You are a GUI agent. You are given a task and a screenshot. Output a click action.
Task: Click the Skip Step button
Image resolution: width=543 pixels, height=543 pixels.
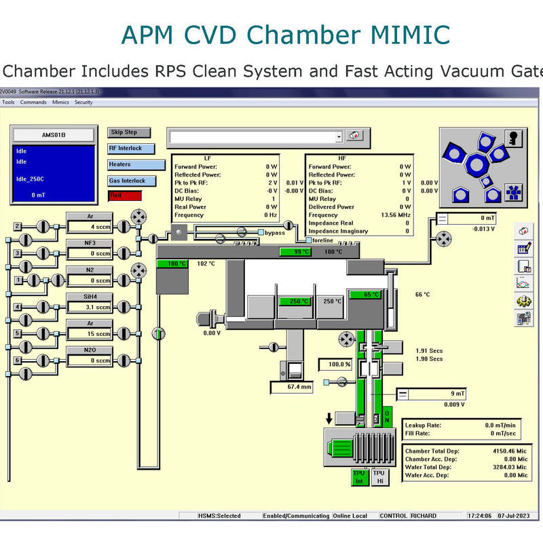pos(129,132)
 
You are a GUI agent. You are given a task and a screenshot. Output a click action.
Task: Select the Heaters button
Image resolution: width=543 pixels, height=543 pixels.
pos(136,165)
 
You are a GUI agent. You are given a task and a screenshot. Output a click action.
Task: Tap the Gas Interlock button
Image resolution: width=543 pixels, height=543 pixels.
pos(132,181)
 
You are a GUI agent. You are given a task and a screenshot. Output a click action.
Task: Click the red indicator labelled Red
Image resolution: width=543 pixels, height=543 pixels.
pos(125,195)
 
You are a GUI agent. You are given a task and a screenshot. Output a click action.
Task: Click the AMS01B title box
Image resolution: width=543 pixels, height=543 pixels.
pos(54,135)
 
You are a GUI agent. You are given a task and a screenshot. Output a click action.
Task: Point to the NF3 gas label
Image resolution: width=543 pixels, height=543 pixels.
pos(89,243)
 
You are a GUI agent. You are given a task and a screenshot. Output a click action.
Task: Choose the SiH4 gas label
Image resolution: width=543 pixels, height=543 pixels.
pos(89,297)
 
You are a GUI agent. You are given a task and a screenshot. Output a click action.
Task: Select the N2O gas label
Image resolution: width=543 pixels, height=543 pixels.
pos(89,350)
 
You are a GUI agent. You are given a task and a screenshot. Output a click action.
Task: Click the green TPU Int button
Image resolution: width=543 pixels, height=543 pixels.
pos(359,477)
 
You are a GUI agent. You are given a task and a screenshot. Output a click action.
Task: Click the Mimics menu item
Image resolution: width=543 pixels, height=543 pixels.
pos(60,102)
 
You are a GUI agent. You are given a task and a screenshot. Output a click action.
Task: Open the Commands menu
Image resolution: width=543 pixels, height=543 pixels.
pos(33,102)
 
